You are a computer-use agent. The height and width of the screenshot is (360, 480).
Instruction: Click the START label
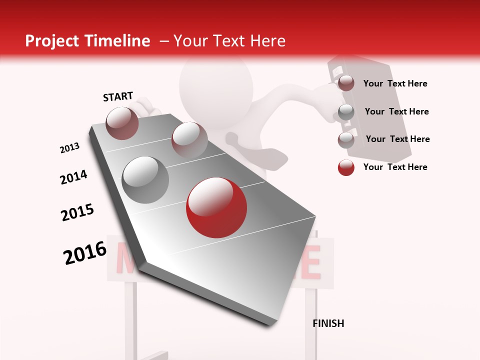pos(118,96)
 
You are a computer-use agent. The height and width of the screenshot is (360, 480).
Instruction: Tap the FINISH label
pos(328,323)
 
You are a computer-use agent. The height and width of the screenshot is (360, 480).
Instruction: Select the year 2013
pos(69,148)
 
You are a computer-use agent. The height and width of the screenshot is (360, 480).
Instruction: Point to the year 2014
pos(73,177)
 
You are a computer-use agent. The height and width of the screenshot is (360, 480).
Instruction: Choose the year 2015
pos(77,212)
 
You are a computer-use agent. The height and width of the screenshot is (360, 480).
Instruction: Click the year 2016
pos(85,252)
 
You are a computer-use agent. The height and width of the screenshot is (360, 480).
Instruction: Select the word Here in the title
pos(267,41)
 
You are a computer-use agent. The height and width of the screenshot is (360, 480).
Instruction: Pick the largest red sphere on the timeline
pos(216,207)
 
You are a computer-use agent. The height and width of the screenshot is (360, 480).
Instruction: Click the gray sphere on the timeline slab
pos(145,179)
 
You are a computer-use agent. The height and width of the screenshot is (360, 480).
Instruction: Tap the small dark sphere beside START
pos(122,123)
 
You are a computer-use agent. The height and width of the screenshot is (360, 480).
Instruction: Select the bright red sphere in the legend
pos(346,167)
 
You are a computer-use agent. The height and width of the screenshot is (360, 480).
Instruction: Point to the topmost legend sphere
pos(346,83)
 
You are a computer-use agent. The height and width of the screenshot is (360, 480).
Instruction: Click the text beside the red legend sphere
pos(395,167)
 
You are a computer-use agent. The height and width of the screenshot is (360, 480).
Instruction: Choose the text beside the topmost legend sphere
pos(395,83)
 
